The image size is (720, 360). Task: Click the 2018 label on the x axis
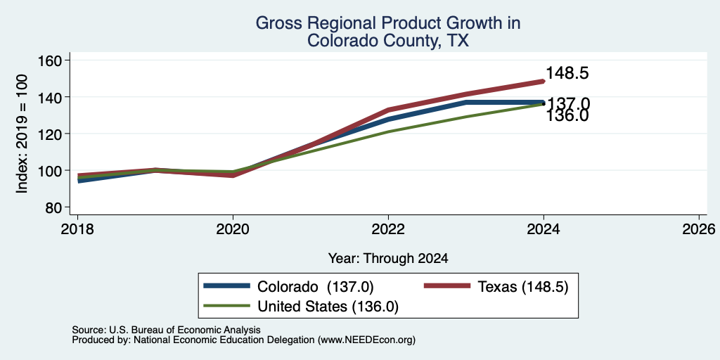click(77, 229)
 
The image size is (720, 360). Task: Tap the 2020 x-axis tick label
click(233, 229)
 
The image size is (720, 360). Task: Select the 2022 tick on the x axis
click(388, 229)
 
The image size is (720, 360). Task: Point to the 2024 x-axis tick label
click(544, 229)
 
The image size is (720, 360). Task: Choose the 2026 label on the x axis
click(699, 229)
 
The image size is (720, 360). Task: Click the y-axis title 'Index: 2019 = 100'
click(22, 134)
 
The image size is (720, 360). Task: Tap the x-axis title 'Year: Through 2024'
click(388, 259)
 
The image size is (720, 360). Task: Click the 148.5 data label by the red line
click(567, 73)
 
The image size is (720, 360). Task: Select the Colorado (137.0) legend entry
click(288, 287)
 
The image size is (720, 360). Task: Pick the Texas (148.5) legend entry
click(496, 287)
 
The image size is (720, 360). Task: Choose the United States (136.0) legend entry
click(301, 307)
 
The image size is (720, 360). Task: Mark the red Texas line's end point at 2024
click(544, 82)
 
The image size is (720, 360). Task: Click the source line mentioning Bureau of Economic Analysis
click(166, 330)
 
